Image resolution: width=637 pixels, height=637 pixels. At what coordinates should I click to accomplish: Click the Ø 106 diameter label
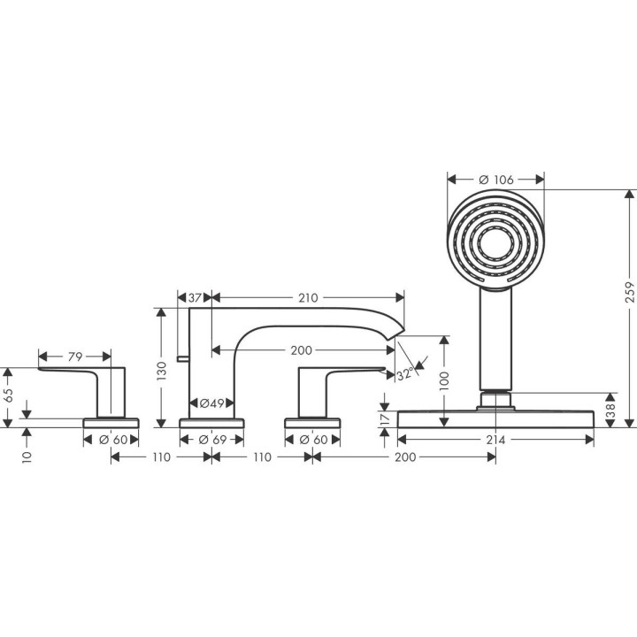pyautogui.click(x=495, y=180)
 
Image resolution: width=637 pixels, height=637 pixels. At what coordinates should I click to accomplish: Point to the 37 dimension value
pyautogui.click(x=196, y=298)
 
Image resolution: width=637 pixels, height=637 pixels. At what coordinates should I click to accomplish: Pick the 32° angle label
pyautogui.click(x=404, y=374)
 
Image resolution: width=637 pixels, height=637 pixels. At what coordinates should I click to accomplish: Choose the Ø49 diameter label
pyautogui.click(x=210, y=403)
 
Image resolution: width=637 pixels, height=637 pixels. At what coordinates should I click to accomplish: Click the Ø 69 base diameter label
pyautogui.click(x=210, y=440)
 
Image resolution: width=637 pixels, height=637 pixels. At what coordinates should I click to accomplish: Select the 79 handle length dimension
pyautogui.click(x=75, y=357)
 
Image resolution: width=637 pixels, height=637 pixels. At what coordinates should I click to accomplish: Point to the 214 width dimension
pyautogui.click(x=495, y=440)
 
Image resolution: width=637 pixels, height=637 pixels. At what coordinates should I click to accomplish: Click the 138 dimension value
pyautogui.click(x=611, y=410)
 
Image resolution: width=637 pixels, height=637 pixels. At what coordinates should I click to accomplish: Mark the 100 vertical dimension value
pyautogui.click(x=443, y=379)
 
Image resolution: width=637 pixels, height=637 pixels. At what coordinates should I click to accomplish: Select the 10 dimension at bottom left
pyautogui.click(x=28, y=457)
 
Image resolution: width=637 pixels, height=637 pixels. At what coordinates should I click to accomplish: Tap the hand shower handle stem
pyautogui.click(x=495, y=336)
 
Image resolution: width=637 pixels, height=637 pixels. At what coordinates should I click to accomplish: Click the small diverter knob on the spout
pyautogui.click(x=181, y=357)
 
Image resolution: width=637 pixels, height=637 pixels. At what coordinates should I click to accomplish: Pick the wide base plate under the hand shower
pyautogui.click(x=495, y=418)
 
